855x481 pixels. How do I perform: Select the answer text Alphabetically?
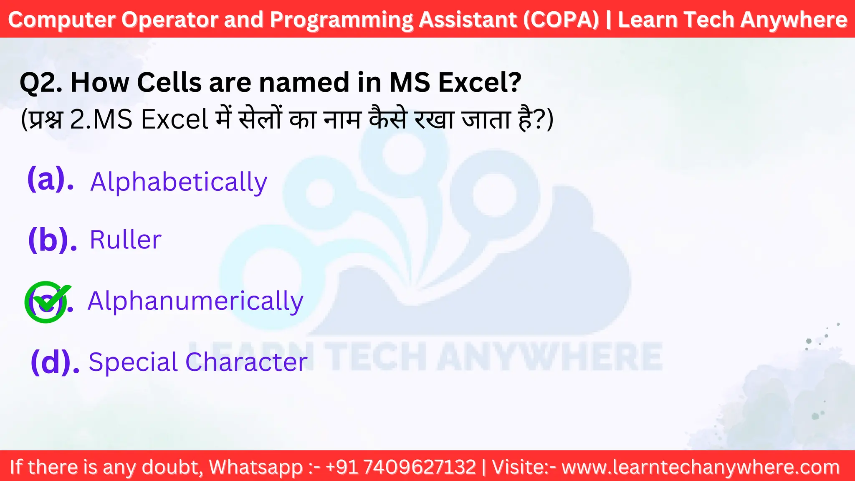[179, 182]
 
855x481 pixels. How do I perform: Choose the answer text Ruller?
[125, 240]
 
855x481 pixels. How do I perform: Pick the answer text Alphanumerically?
[195, 301]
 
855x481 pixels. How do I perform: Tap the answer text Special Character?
[198, 362]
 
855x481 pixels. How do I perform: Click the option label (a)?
[51, 180]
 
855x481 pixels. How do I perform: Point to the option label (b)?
[52, 240]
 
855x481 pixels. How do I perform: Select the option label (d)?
[55, 362]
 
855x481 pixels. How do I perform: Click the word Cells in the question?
[169, 82]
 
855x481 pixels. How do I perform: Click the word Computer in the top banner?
[62, 20]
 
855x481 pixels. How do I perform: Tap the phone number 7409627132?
[419, 467]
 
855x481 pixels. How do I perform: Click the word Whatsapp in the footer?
[255, 467]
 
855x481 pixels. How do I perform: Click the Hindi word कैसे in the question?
[387, 119]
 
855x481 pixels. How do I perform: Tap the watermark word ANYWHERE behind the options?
[549, 357]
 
